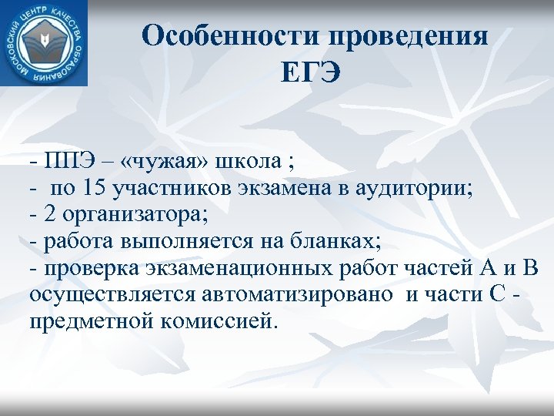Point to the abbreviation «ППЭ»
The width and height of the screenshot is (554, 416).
pyautogui.click(x=72, y=163)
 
